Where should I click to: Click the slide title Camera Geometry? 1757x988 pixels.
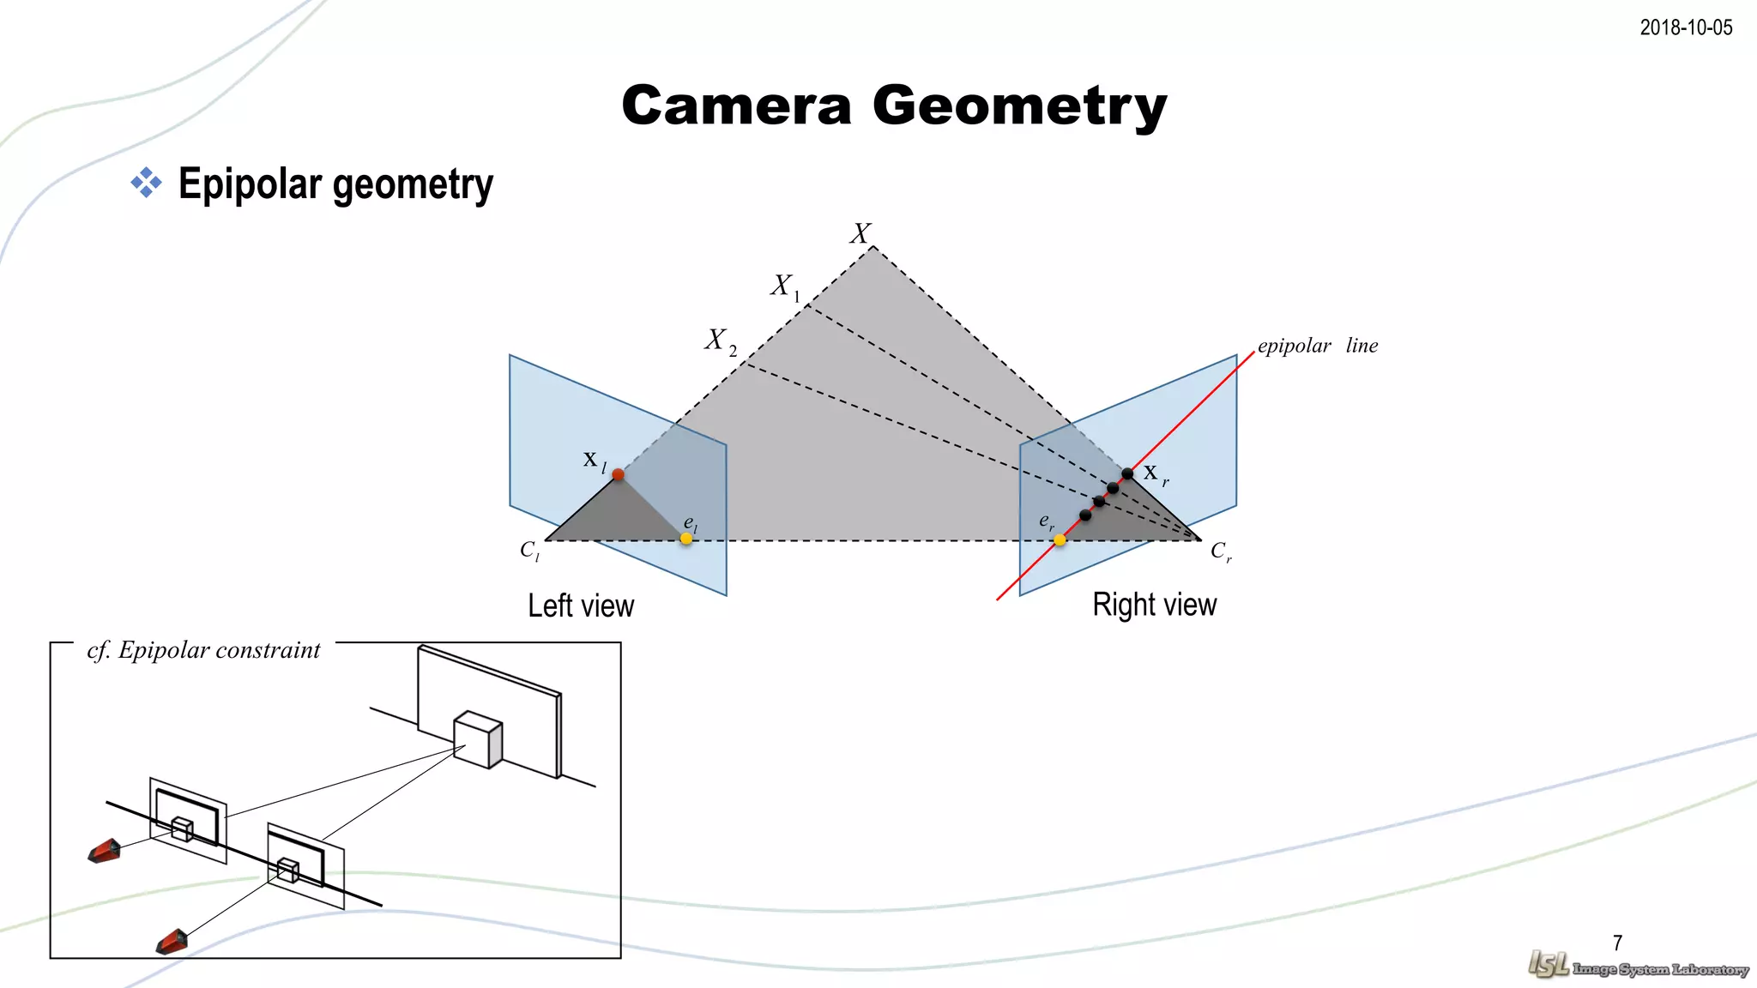(x=894, y=106)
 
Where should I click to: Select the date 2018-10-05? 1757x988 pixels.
(x=1686, y=27)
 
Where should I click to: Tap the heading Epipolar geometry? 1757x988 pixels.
(x=335, y=184)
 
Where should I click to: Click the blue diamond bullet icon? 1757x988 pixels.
(x=147, y=183)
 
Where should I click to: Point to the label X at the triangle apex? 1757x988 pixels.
(x=860, y=233)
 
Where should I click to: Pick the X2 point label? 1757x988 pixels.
(x=720, y=341)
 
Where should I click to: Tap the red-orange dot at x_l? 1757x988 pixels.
(x=618, y=474)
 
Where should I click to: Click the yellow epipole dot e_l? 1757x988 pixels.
(x=686, y=539)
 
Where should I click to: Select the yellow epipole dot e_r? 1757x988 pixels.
(x=1060, y=539)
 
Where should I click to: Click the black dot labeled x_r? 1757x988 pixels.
(x=1127, y=473)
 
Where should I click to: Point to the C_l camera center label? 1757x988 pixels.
(x=529, y=551)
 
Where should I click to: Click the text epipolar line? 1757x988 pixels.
(x=1318, y=346)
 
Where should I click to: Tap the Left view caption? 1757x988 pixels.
(x=581, y=605)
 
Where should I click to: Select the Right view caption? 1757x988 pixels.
(x=1154, y=605)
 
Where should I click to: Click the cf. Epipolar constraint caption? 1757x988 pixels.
(x=203, y=650)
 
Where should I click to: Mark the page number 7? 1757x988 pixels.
(x=1617, y=943)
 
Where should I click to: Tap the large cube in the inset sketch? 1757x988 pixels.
(x=478, y=739)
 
